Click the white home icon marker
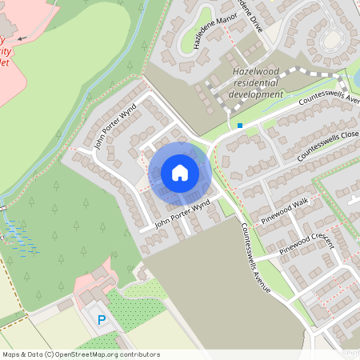(179, 172)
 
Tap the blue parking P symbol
(102, 320)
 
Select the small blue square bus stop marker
(239, 125)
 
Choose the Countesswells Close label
(326, 143)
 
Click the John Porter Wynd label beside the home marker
(182, 213)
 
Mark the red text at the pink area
(6, 50)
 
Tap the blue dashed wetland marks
(20, 238)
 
